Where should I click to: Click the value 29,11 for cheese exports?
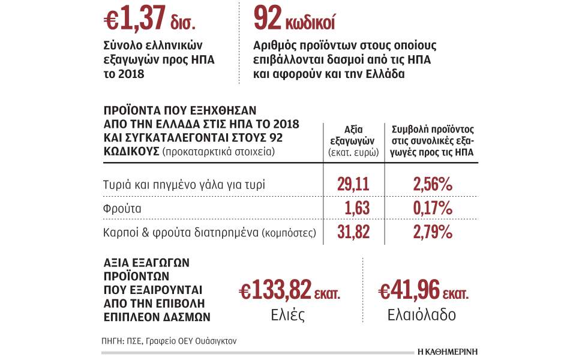tap(353, 184)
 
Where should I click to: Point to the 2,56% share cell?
tap(432, 184)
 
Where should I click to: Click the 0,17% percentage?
tap(432, 208)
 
